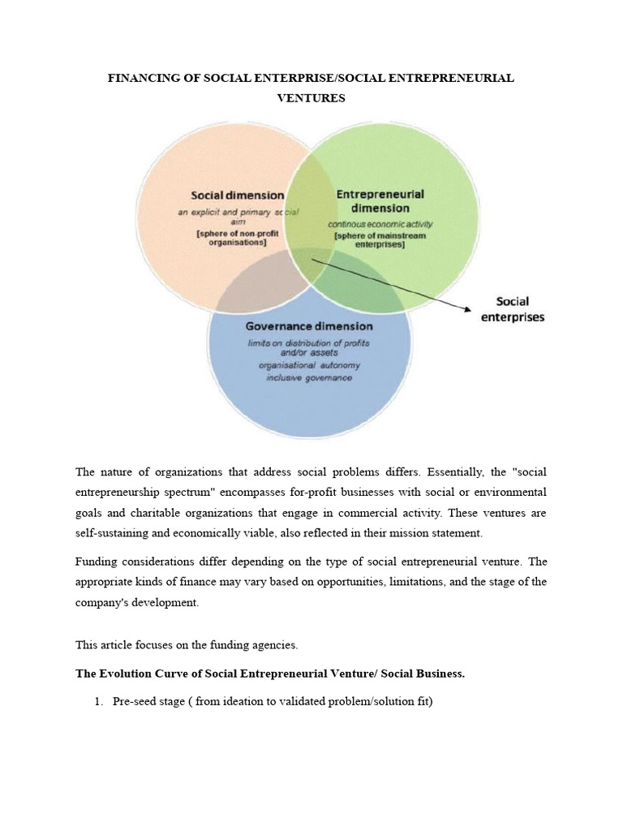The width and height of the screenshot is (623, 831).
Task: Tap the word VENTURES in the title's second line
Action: click(311, 98)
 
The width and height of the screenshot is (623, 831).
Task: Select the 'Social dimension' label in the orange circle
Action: click(237, 195)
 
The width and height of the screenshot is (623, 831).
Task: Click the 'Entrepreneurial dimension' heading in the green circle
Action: click(379, 200)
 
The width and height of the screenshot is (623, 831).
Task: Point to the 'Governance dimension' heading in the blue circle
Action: click(309, 326)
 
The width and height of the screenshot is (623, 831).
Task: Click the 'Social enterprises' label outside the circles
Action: click(513, 308)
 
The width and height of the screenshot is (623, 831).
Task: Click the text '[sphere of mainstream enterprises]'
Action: click(379, 239)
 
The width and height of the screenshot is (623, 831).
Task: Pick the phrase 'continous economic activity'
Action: click(380, 223)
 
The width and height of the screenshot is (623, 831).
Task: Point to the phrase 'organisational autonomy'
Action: click(309, 366)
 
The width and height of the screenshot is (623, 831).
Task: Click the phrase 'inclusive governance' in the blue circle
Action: click(309, 378)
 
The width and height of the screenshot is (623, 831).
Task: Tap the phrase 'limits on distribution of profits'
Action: click(309, 342)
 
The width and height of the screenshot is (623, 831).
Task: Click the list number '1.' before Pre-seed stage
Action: click(99, 702)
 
